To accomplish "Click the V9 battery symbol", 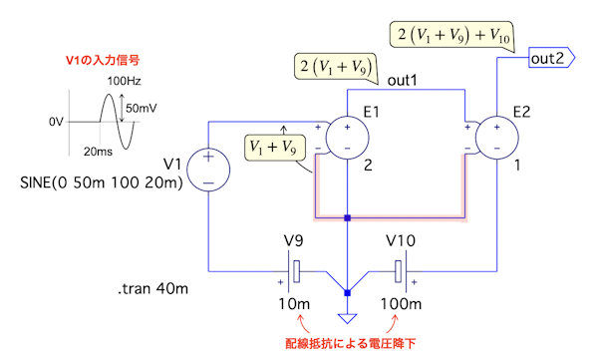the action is [x=294, y=271].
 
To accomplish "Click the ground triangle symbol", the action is [x=347, y=318].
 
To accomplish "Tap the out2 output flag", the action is [x=551, y=58].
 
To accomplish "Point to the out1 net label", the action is [x=403, y=81].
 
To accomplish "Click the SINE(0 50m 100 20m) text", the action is [x=102, y=182].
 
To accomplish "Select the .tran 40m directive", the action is [x=152, y=288].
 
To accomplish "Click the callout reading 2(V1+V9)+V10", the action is [x=452, y=35].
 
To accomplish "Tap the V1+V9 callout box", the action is [x=274, y=148].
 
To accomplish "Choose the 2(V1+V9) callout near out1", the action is [x=336, y=67].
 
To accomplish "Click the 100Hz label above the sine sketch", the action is [x=124, y=81].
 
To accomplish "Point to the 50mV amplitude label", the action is [x=142, y=109].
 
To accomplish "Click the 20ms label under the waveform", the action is [x=98, y=152].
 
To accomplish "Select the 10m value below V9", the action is [x=294, y=304].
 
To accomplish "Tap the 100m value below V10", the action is [x=401, y=304].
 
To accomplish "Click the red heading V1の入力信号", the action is [x=103, y=60].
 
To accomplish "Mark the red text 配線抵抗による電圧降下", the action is [x=351, y=344].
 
